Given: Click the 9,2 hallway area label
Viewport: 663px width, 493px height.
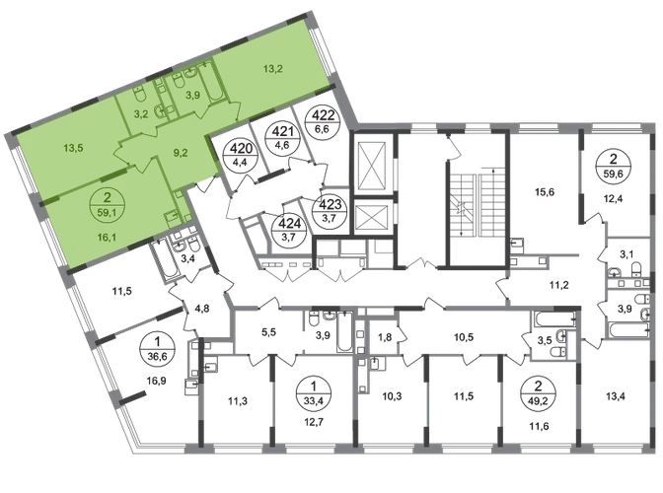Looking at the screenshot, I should point(181,151).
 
